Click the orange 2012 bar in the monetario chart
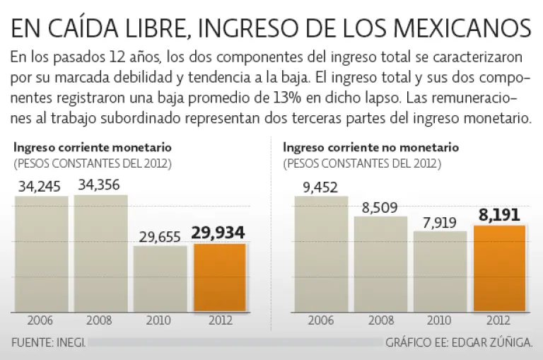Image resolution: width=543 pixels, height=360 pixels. pyautogui.click(x=220, y=277)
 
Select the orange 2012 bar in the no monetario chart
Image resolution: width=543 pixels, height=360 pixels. pyautogui.click(x=499, y=268)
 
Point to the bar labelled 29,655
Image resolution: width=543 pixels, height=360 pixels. pyautogui.click(x=160, y=279)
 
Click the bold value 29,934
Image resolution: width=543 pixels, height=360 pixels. pyautogui.click(x=220, y=233)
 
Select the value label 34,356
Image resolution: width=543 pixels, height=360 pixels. pyautogui.click(x=100, y=185)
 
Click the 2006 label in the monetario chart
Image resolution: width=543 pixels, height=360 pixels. pyautogui.click(x=41, y=320)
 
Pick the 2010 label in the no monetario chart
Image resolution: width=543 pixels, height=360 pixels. pyautogui.click(x=440, y=320)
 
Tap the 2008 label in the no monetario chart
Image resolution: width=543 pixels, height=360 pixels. pyautogui.click(x=380, y=320)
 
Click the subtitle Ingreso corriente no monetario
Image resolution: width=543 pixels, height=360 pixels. pyautogui.click(x=370, y=148)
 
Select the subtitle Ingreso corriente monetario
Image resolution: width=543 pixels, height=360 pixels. pyautogui.click(x=92, y=148)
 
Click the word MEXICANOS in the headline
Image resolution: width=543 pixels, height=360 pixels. pyautogui.click(x=462, y=29)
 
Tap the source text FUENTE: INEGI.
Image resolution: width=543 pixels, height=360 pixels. pyautogui.click(x=49, y=342)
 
